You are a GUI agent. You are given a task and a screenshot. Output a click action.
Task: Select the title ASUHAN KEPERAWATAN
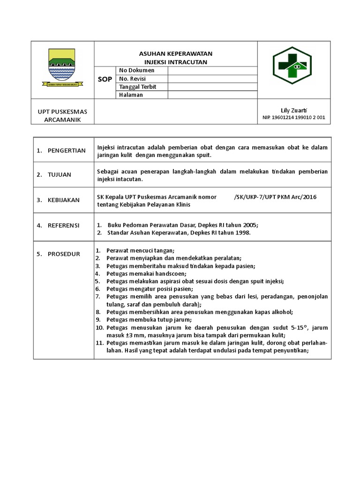176,54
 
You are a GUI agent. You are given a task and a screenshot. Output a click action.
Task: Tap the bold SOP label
105,79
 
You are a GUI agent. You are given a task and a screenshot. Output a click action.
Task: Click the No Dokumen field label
136,70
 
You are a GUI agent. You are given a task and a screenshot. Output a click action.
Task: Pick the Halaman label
131,95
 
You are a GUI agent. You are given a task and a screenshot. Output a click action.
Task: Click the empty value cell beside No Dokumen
212,70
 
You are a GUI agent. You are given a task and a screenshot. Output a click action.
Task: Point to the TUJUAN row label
59,175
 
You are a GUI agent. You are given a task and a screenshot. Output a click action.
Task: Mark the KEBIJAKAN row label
63,200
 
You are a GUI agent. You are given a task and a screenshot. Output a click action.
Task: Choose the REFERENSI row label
63,225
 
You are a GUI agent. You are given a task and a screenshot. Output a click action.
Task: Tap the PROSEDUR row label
63,254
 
